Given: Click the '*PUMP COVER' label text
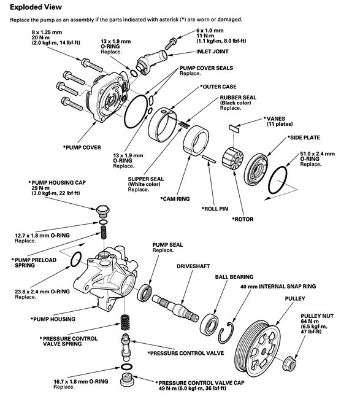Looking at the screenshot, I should point(83,148).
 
